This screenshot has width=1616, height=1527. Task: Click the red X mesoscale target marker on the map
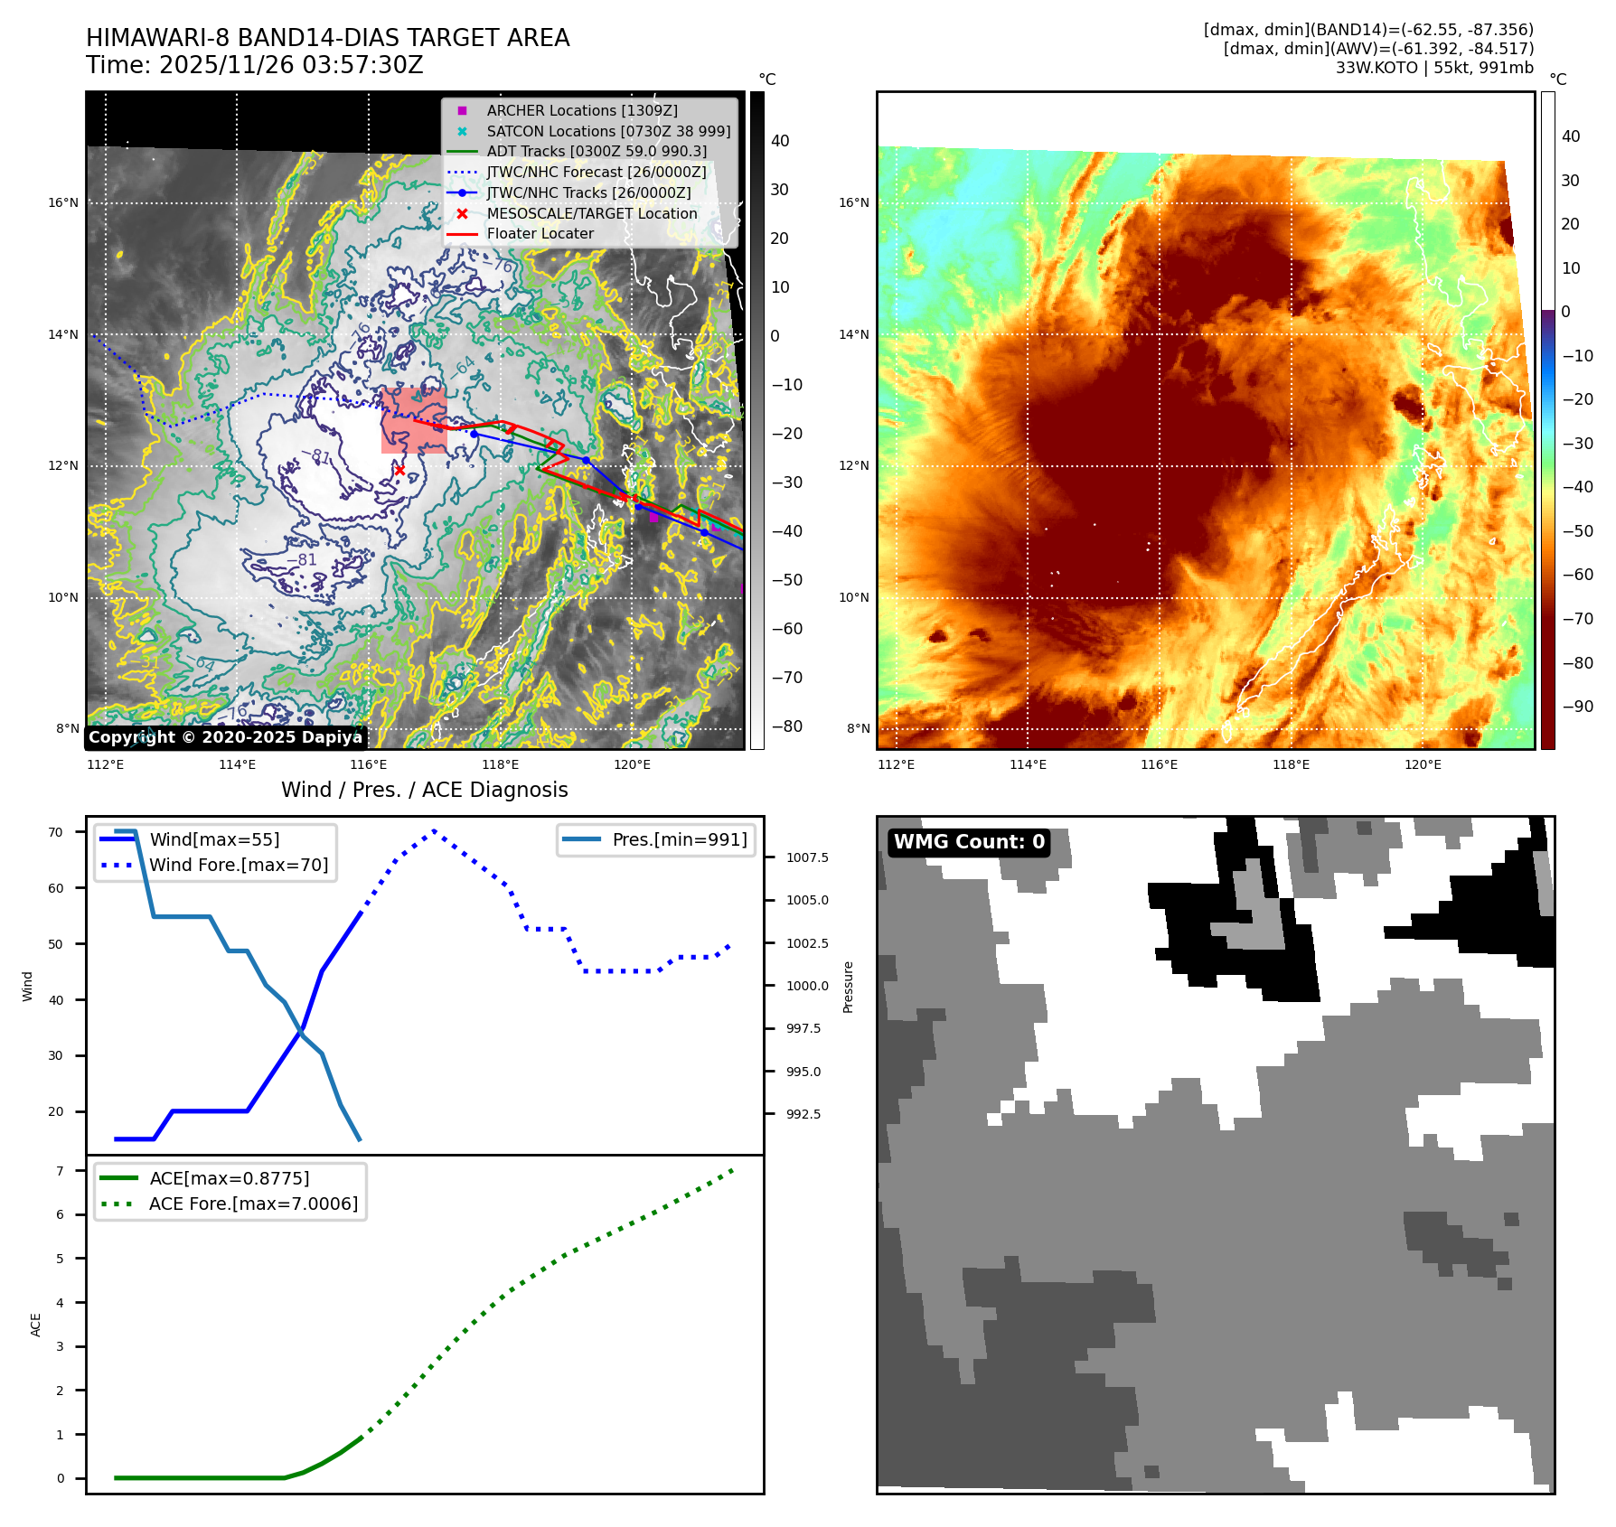(399, 470)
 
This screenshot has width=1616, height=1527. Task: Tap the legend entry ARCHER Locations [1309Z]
(581, 110)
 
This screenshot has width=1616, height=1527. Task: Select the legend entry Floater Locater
(540, 233)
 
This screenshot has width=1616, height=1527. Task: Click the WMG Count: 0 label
(969, 842)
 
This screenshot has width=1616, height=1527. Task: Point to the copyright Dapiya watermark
(225, 737)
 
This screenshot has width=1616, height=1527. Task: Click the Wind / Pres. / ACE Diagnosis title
(424, 790)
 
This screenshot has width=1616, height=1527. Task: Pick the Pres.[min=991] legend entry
(679, 839)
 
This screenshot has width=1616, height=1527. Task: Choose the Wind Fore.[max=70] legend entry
(239, 865)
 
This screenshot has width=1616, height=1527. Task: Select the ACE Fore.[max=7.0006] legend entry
(253, 1204)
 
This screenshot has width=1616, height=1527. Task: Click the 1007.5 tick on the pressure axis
(806, 857)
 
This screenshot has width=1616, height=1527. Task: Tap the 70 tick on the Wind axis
(56, 832)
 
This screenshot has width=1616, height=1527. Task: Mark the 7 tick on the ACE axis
(60, 1171)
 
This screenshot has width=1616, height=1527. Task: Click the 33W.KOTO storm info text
(1433, 68)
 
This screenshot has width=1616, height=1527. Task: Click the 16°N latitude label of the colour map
(853, 202)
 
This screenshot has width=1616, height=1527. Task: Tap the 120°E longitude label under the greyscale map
(632, 764)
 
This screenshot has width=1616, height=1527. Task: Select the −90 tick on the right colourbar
(1577, 707)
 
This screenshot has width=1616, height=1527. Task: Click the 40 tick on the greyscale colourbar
(779, 141)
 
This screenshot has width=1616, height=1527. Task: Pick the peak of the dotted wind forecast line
(435, 830)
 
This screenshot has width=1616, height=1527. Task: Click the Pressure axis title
(848, 987)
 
